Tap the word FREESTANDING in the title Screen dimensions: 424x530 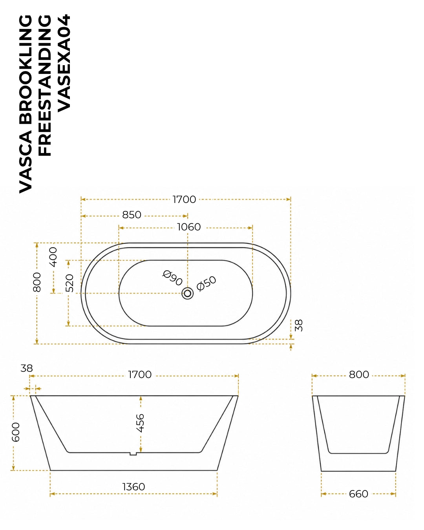[45, 85]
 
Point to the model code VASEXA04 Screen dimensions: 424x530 [64, 63]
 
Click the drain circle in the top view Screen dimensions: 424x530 [188, 293]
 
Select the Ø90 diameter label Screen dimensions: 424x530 [173, 278]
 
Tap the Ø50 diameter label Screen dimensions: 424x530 [207, 283]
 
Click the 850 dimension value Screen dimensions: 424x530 [132, 215]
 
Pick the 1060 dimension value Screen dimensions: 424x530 [189, 227]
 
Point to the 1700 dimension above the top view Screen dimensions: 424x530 [184, 199]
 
